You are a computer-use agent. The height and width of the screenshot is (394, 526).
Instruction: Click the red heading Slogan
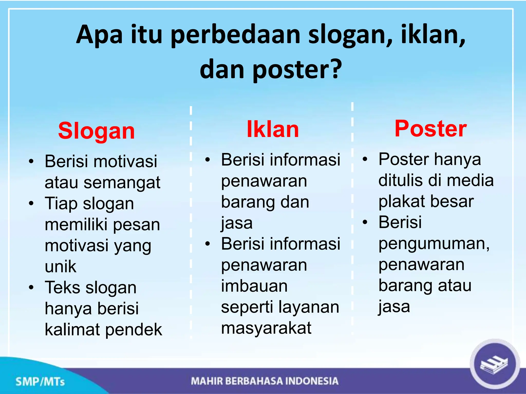click(x=96, y=131)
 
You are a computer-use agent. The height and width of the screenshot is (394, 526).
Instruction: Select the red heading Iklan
click(x=273, y=129)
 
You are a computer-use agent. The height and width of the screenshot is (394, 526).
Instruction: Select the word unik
click(x=60, y=267)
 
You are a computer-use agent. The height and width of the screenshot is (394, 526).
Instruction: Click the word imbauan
click(x=254, y=286)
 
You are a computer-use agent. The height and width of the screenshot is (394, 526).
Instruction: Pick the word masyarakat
click(x=266, y=328)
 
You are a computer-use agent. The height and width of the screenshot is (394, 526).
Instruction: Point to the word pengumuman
click(x=434, y=244)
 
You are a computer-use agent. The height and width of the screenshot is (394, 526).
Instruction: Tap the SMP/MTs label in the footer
click(x=40, y=382)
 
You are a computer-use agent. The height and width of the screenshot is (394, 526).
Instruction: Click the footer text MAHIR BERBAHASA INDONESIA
click(x=265, y=381)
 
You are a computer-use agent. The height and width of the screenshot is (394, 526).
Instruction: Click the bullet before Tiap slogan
click(x=31, y=203)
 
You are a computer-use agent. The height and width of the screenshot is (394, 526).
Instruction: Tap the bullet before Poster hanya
click(x=365, y=159)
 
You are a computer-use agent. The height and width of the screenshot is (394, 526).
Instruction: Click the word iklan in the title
click(x=433, y=34)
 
